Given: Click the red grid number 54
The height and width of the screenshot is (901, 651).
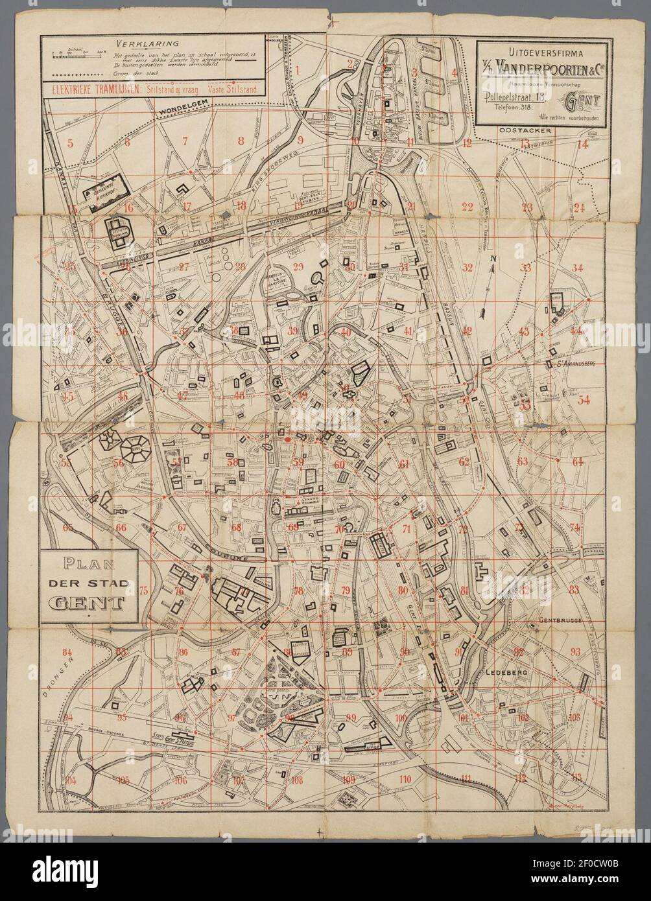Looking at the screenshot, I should [584, 399].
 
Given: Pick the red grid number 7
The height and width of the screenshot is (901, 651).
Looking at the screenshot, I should [185, 141].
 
